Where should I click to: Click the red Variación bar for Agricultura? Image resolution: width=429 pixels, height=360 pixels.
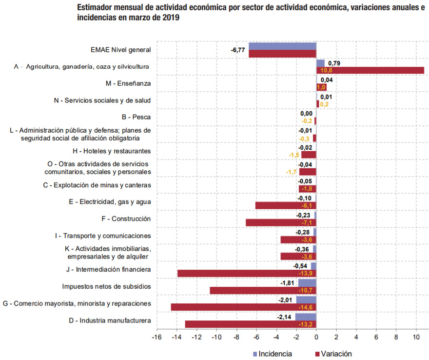point(370,70)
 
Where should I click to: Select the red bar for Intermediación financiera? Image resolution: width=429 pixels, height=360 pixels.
point(247,274)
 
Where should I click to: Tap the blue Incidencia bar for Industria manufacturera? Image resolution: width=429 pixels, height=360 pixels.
point(306,317)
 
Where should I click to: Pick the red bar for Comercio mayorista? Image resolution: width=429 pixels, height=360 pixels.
point(243,307)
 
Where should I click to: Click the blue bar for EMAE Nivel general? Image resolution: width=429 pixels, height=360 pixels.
point(282,46)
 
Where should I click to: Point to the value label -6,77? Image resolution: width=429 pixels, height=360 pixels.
point(238,50)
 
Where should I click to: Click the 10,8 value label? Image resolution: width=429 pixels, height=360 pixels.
point(326,70)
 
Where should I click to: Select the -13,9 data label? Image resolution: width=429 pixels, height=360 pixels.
point(305,274)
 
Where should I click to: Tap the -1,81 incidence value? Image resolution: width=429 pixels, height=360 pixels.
point(287,283)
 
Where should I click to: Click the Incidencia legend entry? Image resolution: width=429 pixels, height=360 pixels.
point(273,354)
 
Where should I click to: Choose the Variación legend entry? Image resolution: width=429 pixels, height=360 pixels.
point(333,354)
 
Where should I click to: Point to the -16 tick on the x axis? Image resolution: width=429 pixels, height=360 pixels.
point(157,337)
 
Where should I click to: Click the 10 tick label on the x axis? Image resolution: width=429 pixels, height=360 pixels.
point(416,337)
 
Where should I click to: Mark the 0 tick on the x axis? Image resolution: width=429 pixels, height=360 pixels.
point(316,337)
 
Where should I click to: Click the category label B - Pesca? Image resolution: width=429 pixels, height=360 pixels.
point(136,117)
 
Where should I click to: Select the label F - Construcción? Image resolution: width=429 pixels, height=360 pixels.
point(126,219)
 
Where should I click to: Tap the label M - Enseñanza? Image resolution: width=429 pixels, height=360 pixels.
point(128,83)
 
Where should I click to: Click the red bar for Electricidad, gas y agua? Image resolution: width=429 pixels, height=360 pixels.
point(286,205)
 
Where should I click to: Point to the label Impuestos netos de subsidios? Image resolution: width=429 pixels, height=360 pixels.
point(106,286)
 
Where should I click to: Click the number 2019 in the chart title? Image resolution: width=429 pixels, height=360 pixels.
point(171,18)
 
